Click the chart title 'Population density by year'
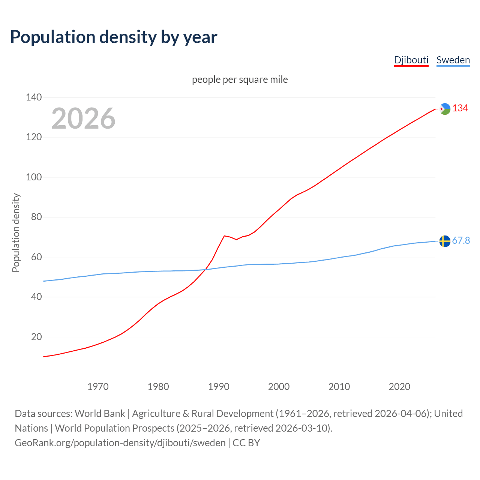114,37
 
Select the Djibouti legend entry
411,60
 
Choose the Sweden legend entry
453,60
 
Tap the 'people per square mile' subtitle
240,79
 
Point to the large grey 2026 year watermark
83,118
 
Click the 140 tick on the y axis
34,97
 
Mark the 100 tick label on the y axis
34,177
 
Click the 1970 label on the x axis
98,386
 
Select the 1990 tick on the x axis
219,386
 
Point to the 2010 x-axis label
339,386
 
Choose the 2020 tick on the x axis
399,386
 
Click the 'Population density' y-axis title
16,232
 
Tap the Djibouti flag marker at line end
445,109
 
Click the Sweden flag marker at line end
445,241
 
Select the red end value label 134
460,108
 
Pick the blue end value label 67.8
461,240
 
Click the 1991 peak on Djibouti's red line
224,236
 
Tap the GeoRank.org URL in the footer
120,443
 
